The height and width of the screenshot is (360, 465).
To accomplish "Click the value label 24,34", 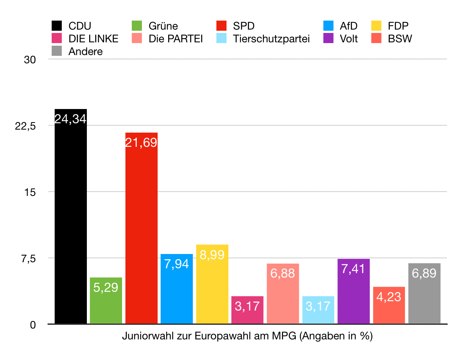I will tap(71, 119).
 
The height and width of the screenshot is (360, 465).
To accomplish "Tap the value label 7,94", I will tap(177, 264).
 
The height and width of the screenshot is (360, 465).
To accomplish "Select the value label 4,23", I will tap(389, 297).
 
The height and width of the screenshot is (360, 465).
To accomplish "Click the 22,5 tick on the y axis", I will tap(25, 126).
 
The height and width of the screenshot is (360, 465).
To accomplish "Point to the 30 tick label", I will tap(30, 60).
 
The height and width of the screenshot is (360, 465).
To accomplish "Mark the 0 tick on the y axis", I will tap(33, 325).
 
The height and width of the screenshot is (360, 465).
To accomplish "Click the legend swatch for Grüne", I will tap(137, 26).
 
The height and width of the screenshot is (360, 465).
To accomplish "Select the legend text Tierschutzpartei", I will tap(271, 39).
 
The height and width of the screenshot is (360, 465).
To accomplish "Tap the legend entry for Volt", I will tap(349, 39).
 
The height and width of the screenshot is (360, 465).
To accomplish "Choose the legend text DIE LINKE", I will tap(93, 39).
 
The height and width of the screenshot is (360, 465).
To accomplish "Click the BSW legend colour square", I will tap(376, 39).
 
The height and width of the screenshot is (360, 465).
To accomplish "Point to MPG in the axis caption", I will tap(284, 336).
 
